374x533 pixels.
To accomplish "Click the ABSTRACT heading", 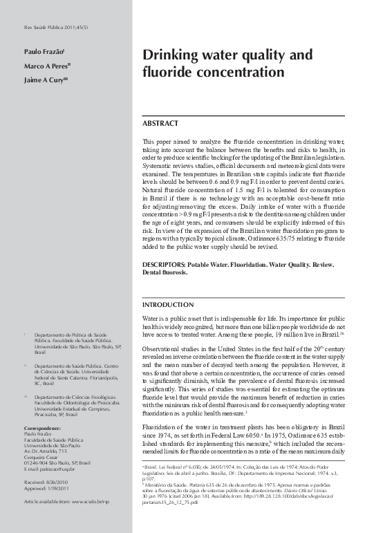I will pyautogui.click(x=160, y=122).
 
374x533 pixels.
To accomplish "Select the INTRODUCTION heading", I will pyautogui.click(x=167, y=305).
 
